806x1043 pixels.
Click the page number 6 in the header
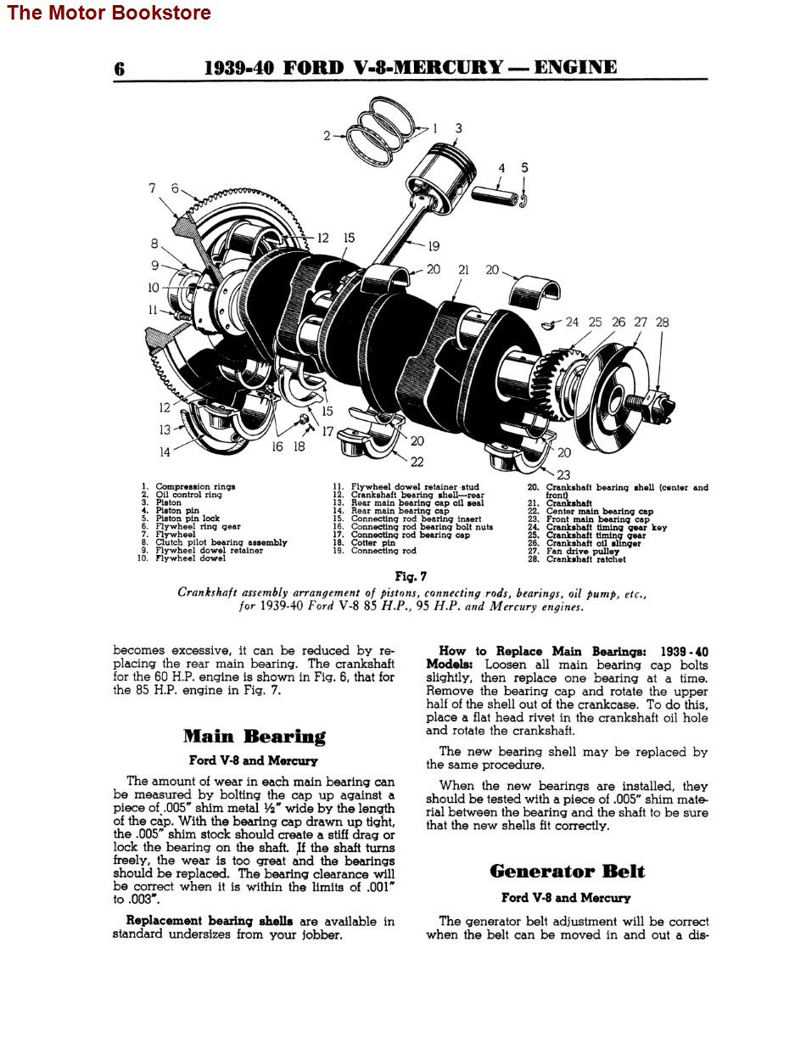[x=120, y=69]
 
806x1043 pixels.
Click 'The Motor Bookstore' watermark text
[x=109, y=13]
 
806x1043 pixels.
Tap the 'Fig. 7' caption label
[x=411, y=576]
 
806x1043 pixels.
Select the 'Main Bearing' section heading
[x=254, y=736]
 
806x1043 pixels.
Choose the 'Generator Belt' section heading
[x=567, y=872]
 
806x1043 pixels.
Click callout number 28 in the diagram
[x=662, y=322]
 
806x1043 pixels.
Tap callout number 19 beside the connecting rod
[x=434, y=246]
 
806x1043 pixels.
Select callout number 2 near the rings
[x=327, y=135]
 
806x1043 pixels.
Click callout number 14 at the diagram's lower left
[x=165, y=452]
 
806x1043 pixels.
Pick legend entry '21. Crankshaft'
[x=568, y=503]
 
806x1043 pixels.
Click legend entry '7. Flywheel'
[x=175, y=535]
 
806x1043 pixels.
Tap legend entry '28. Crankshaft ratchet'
[x=585, y=559]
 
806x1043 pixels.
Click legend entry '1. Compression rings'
[x=194, y=487]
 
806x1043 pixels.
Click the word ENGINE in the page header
[x=574, y=68]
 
